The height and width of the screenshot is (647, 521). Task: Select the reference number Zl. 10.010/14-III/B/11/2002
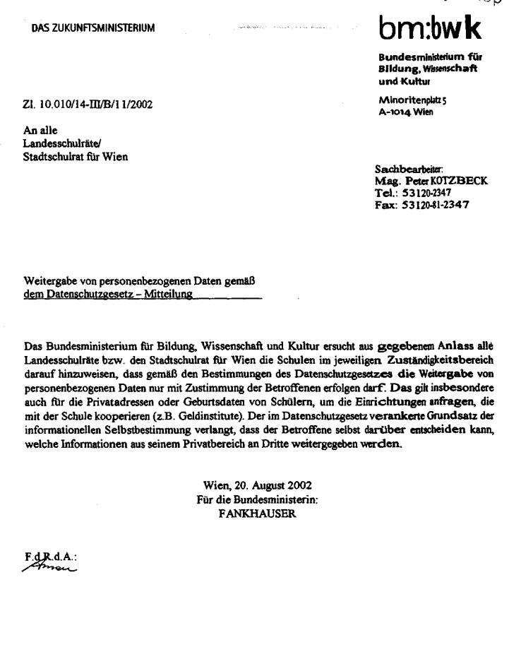(88, 105)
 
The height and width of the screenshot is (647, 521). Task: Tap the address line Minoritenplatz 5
(412, 100)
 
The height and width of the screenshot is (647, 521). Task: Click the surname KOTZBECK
(459, 181)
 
